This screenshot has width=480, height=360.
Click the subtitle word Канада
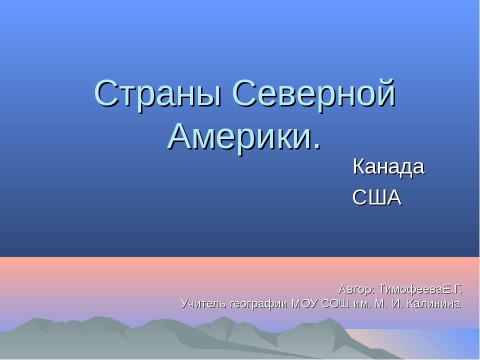[388, 167]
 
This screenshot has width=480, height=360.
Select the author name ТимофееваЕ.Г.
[420, 289]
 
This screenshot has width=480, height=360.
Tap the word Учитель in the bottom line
[202, 303]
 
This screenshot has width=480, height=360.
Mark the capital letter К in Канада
[358, 167]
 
